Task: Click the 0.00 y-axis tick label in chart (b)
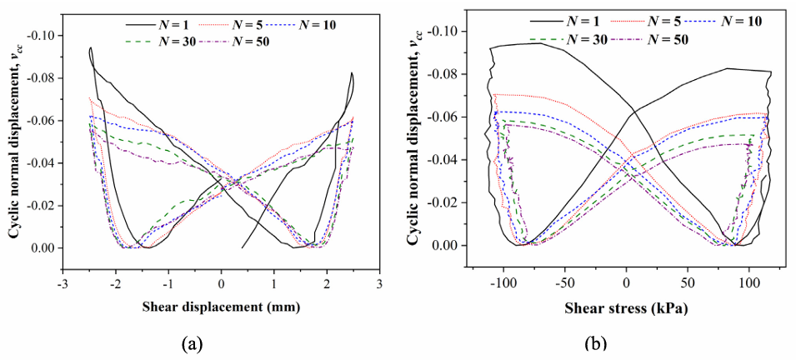pyautogui.click(x=452, y=245)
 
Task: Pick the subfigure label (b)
pyautogui.click(x=595, y=342)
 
